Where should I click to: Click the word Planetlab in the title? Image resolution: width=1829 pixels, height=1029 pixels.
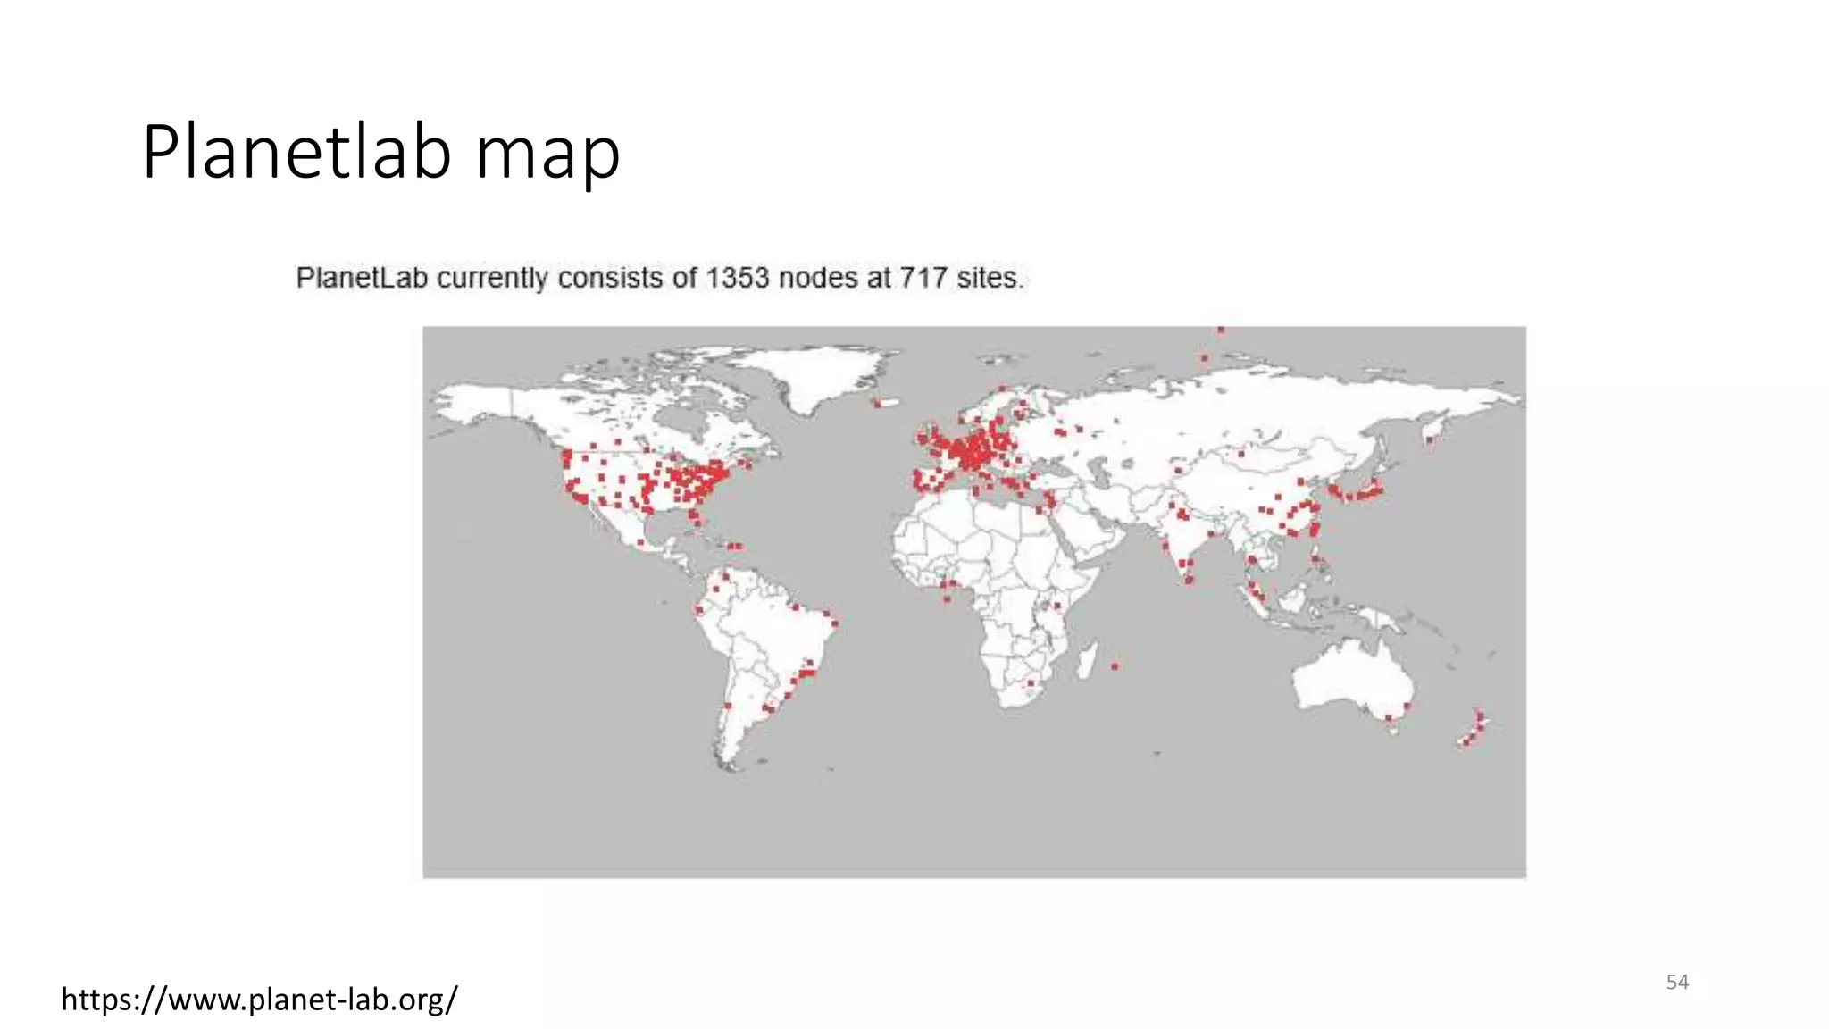296,153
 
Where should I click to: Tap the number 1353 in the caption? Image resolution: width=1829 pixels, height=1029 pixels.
737,278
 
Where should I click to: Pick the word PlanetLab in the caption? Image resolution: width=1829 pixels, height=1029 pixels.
363,278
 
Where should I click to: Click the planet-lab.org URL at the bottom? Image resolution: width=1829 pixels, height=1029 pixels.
259,999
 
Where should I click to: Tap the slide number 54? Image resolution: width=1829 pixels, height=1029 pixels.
1677,983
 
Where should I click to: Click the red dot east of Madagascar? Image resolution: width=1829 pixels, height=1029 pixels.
1115,665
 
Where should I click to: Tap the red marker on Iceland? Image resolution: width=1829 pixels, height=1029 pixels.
877,403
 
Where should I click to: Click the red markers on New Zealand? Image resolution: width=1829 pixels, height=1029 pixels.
1474,728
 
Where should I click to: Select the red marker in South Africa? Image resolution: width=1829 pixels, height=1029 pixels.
1031,683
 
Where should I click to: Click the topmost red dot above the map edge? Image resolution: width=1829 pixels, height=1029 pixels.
1220,330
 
